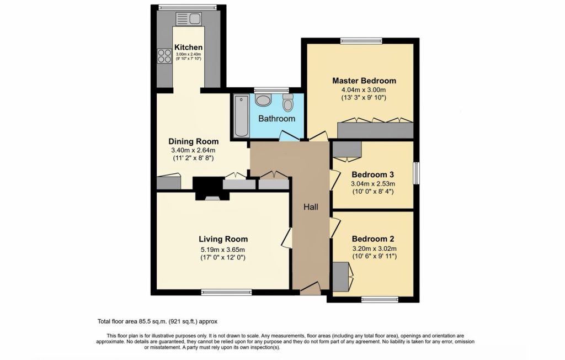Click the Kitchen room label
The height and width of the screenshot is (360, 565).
coord(188,47)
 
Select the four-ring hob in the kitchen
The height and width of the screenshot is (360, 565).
coord(164,56)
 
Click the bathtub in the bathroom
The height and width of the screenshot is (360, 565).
coord(241,116)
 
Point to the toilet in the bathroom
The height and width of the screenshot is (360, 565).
coord(287,103)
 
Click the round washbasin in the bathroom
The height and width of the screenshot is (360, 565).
coord(263,100)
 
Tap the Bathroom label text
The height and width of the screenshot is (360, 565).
coord(277,119)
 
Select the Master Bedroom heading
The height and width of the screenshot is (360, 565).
coord(364,81)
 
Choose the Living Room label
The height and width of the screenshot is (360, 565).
coord(223,239)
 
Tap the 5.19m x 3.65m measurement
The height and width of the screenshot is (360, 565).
coord(223,248)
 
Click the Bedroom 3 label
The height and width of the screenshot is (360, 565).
coord(374,174)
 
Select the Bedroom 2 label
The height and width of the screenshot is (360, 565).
coord(374,239)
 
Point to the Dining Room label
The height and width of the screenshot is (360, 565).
coord(193,141)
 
